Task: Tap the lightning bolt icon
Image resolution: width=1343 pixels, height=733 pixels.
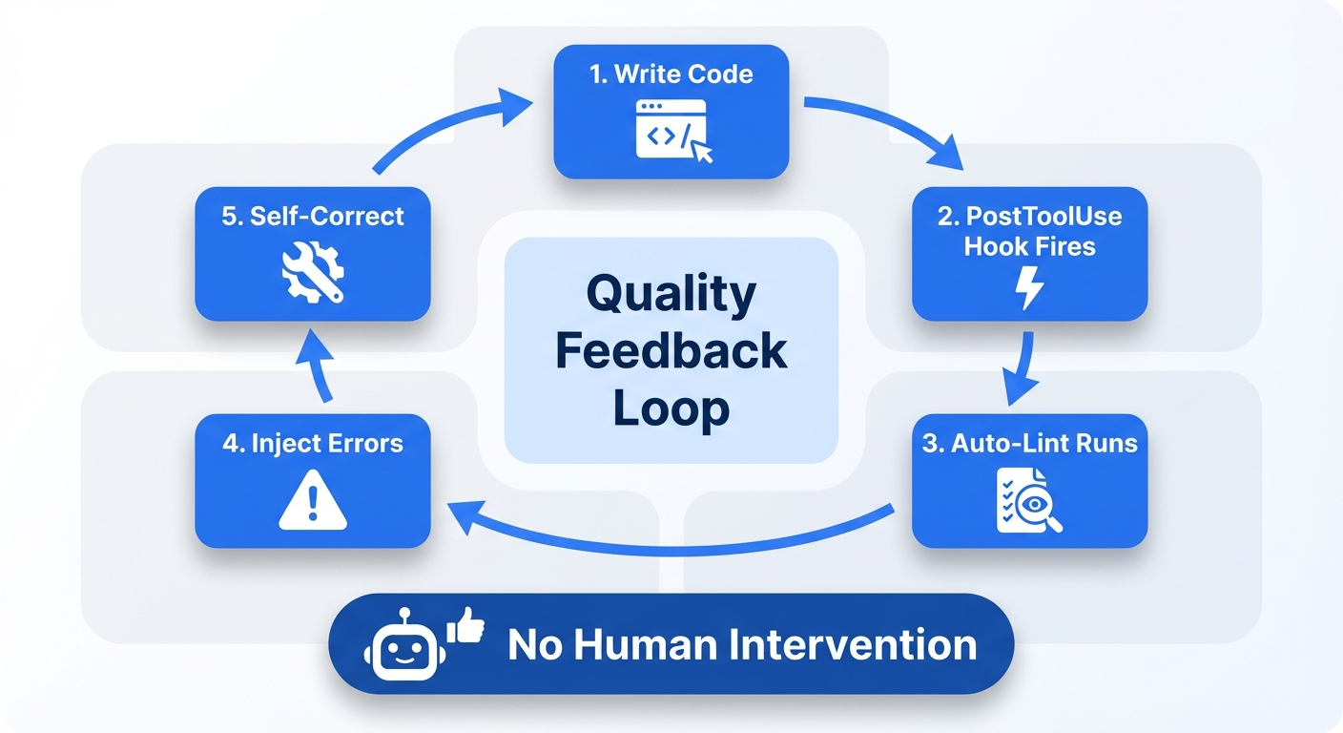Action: click(x=1030, y=288)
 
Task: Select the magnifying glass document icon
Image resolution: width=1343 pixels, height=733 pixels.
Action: click(x=1028, y=498)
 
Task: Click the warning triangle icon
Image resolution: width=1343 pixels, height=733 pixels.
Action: click(x=313, y=500)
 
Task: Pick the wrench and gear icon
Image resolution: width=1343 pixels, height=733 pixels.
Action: click(x=313, y=271)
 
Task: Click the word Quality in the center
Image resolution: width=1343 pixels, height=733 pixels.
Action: click(x=671, y=294)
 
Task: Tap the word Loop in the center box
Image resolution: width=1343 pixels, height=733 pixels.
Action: click(x=671, y=408)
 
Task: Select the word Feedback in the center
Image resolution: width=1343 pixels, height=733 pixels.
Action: click(x=671, y=351)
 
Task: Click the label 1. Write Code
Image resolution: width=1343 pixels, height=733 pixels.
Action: click(x=671, y=74)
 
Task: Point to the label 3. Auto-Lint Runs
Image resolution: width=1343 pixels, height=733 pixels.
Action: click(x=1030, y=444)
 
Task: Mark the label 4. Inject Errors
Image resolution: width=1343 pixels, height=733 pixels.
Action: click(x=313, y=444)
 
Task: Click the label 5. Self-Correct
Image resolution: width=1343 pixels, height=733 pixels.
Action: click(x=313, y=216)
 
